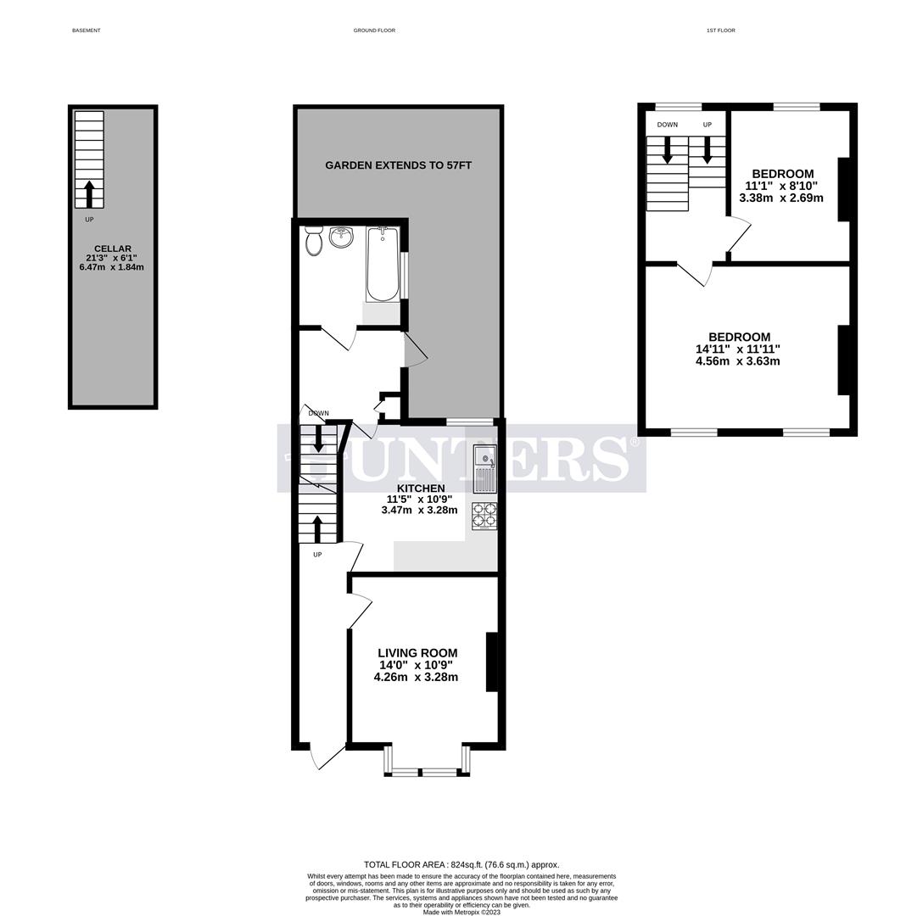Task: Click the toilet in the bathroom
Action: click(x=313, y=243)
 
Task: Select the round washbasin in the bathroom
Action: click(x=341, y=237)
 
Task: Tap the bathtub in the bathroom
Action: click(x=383, y=264)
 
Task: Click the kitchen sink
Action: click(x=485, y=469)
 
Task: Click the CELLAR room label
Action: click(x=113, y=249)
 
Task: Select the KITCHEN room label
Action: click(x=421, y=489)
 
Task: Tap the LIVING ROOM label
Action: click(x=417, y=653)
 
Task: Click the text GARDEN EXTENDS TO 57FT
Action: click(x=398, y=165)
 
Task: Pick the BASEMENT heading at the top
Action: click(x=86, y=31)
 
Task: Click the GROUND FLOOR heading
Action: click(x=374, y=31)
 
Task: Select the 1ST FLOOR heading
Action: click(x=720, y=31)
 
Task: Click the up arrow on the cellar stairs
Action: click(x=89, y=193)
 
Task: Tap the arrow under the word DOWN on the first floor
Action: click(x=667, y=150)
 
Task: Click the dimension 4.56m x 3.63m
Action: click(x=737, y=361)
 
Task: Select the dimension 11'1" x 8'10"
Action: click(x=780, y=186)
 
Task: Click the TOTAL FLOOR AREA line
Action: click(x=461, y=864)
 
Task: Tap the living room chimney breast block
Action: click(x=491, y=662)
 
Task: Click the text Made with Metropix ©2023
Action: click(x=461, y=912)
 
